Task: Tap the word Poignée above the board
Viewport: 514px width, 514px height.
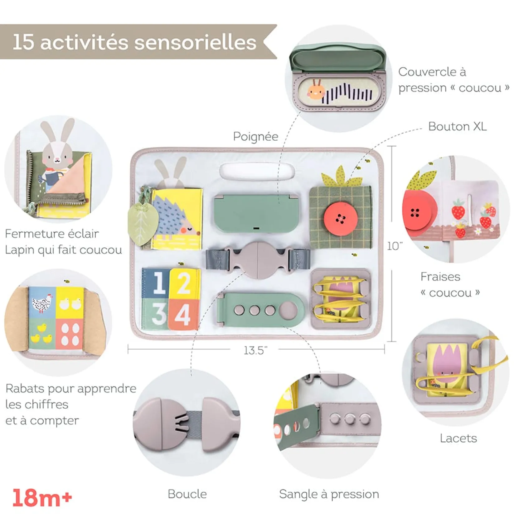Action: (255, 137)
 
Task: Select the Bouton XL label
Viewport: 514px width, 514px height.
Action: (457, 126)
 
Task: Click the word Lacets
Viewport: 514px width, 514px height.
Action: (458, 438)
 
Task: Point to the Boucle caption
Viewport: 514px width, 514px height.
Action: (187, 494)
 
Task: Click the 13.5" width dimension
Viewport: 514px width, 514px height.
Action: (255, 350)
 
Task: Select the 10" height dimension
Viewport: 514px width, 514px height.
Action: (395, 246)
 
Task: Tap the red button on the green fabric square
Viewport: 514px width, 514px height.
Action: (341, 219)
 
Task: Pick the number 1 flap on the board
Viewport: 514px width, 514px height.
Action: (156, 283)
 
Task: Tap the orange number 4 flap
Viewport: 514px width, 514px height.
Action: (183, 314)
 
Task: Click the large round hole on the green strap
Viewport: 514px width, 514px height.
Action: (288, 310)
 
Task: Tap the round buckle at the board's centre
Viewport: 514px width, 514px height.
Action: (258, 259)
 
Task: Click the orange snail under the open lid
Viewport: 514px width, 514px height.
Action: (316, 91)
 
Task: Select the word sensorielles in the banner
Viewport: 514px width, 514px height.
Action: (196, 42)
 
